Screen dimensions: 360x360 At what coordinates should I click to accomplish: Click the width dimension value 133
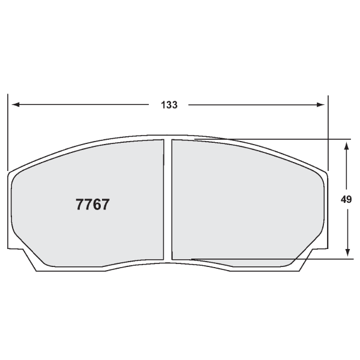click(169, 105)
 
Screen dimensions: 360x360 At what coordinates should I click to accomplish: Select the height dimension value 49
click(346, 200)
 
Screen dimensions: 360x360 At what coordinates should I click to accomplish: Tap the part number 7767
click(92, 204)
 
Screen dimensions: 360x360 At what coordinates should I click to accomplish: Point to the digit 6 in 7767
click(97, 204)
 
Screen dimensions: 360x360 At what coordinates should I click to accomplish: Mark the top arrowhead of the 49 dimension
click(346, 145)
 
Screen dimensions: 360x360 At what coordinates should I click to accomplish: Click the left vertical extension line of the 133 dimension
click(8, 132)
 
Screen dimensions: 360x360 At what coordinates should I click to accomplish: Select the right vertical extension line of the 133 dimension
click(328, 132)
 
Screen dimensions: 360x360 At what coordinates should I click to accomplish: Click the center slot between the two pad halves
click(168, 201)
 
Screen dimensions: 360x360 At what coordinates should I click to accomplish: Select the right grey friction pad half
click(246, 201)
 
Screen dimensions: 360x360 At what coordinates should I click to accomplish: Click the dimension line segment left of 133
click(84, 105)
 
